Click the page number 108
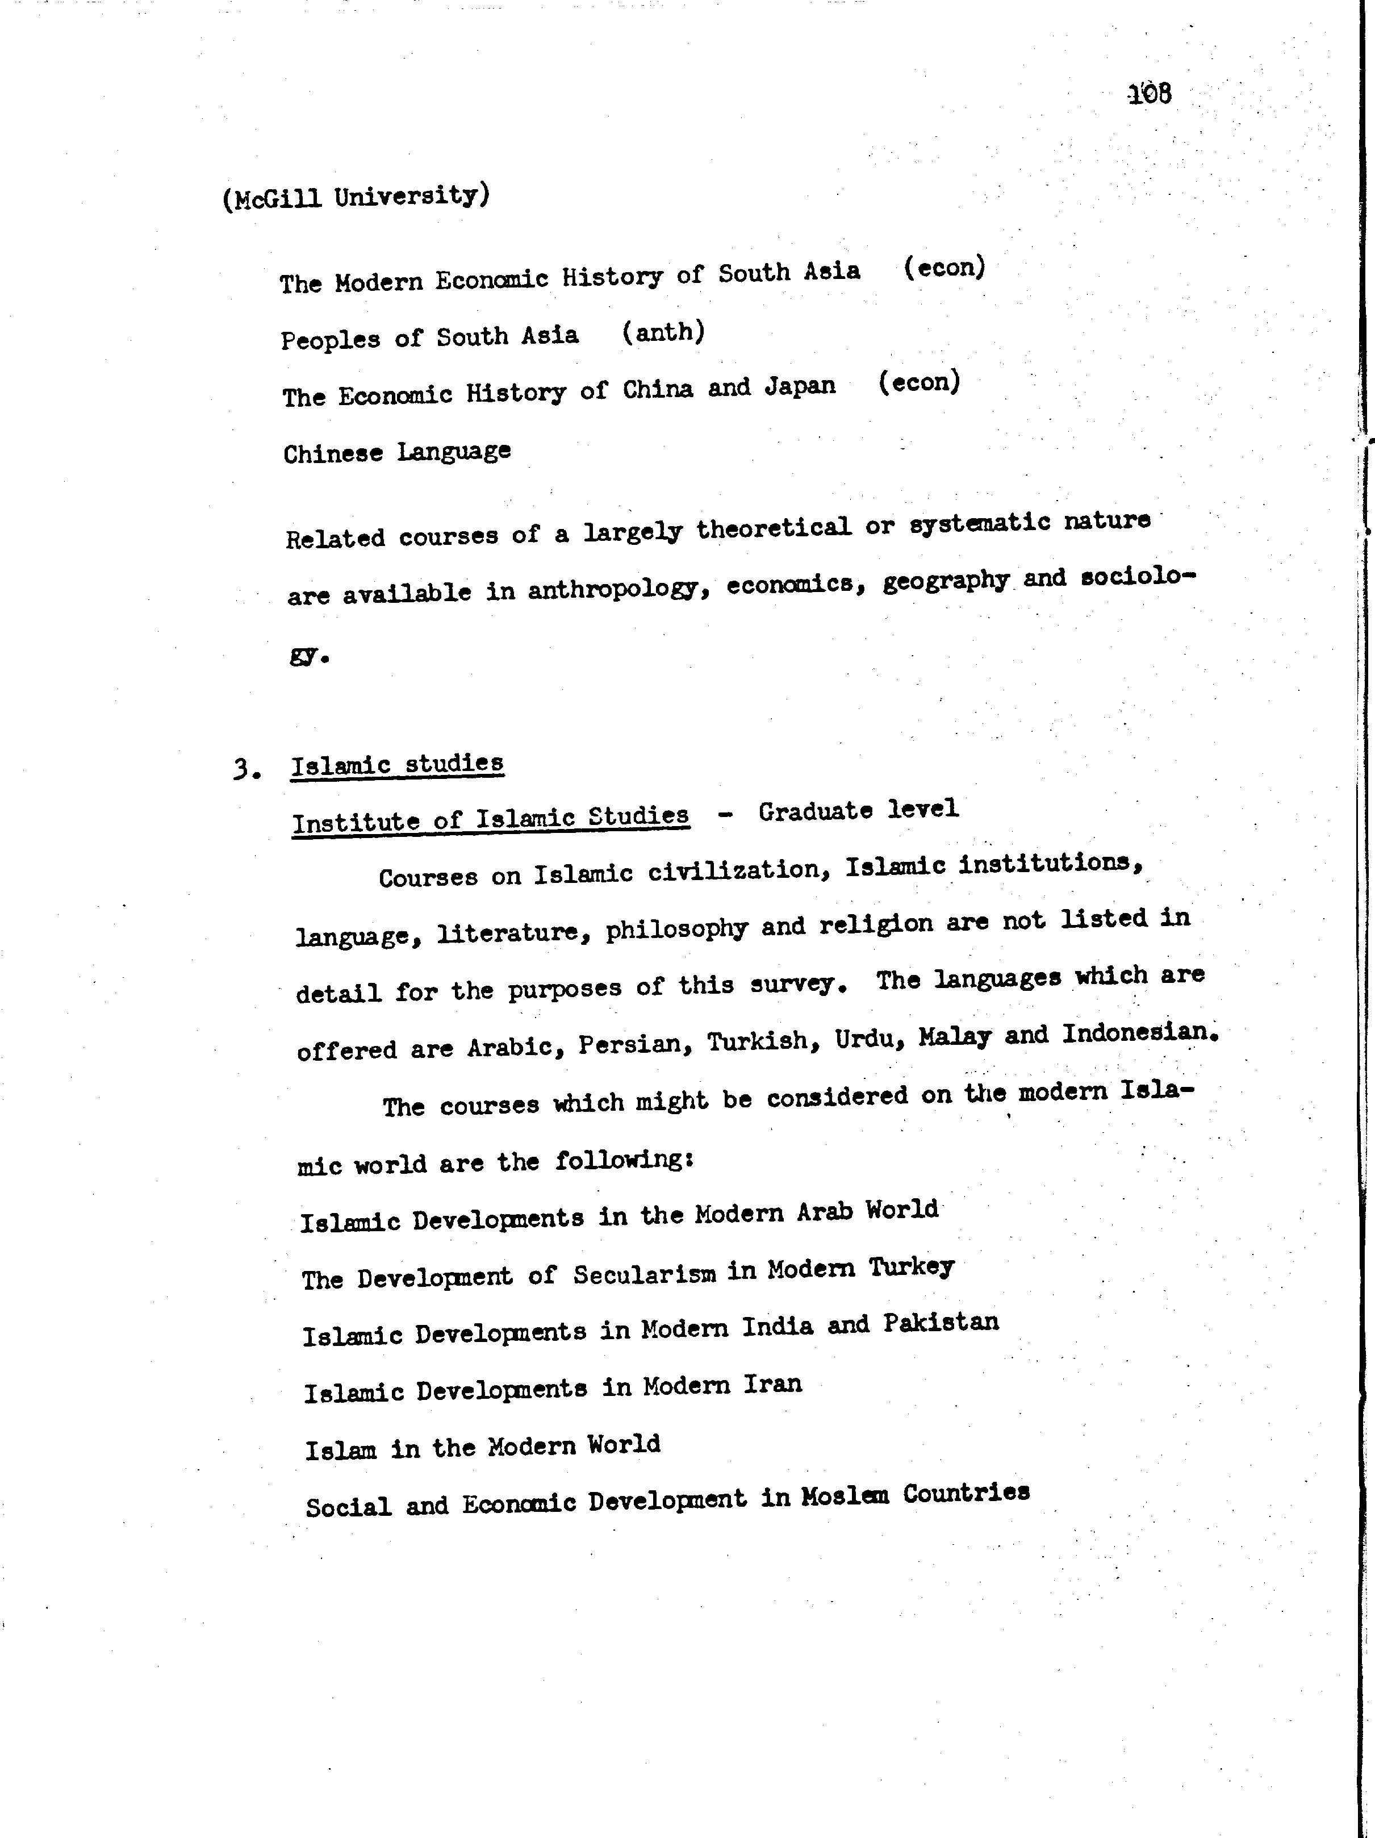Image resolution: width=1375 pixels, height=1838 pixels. (1150, 94)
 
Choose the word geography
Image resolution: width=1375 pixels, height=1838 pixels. (946, 581)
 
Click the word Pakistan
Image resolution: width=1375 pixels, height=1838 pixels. (941, 1323)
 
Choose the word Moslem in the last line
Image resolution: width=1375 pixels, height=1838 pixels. (844, 1495)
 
